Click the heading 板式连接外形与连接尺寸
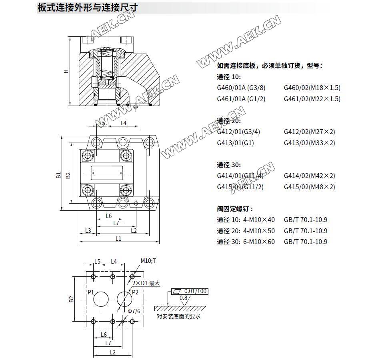click(88, 8)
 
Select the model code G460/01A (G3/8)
click(241, 88)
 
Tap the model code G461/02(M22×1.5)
click(312, 99)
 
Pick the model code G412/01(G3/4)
click(238, 132)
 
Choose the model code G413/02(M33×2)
click(309, 143)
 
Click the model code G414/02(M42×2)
click(309, 176)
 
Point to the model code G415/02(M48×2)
click(309, 187)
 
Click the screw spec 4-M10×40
click(259, 220)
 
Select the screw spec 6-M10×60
click(259, 242)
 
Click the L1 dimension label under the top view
click(118, 238)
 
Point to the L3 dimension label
click(88, 231)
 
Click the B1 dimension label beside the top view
click(58, 175)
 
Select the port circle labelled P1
click(101, 299)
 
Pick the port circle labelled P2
click(124, 299)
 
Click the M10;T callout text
click(148, 261)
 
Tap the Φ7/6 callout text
click(134, 311)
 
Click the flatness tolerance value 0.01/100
click(196, 291)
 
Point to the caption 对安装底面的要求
click(179, 316)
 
